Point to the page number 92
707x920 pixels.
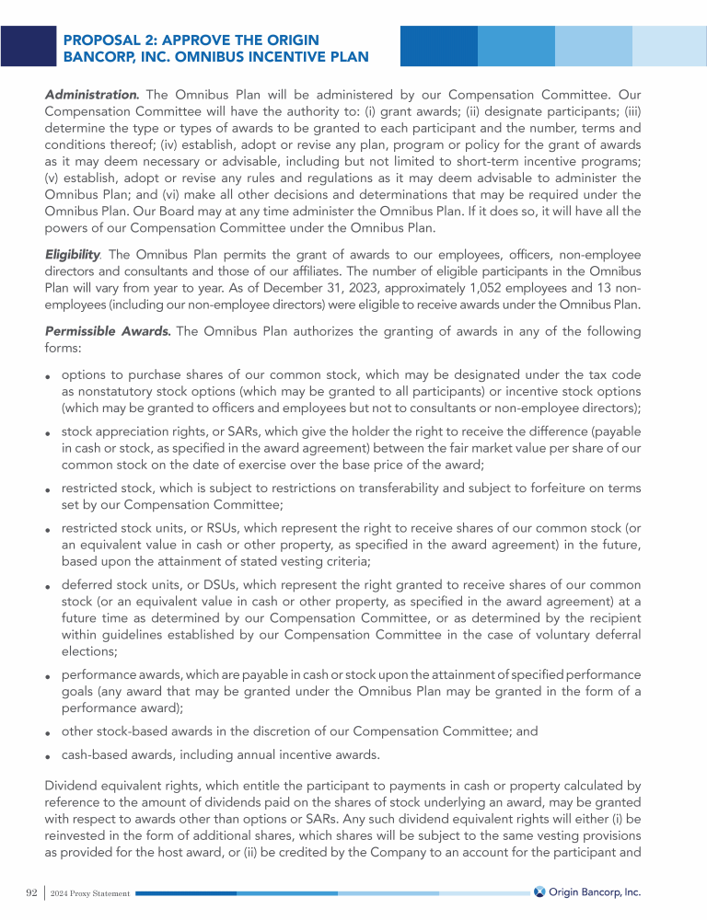click(x=30, y=892)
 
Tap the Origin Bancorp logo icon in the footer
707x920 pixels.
click(x=539, y=892)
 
